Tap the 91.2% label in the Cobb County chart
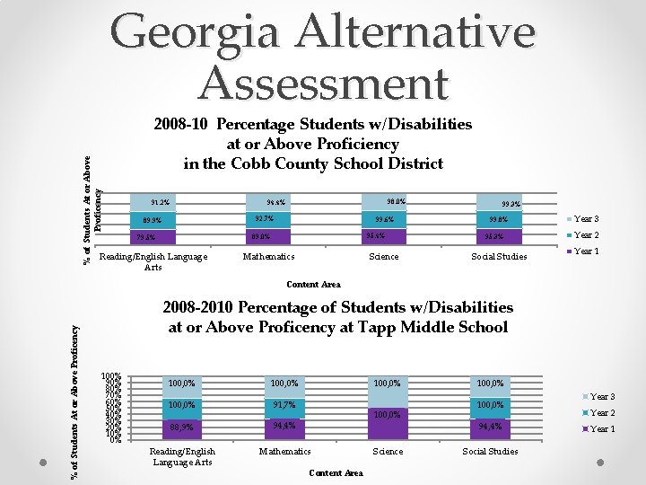pos(160,202)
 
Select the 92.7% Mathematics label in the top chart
pos(264,219)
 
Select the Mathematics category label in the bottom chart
pos(284,451)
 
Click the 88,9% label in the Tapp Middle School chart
pos(181,427)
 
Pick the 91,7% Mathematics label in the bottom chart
pos(284,405)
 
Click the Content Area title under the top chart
pos(313,285)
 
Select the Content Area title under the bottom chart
pos(335,473)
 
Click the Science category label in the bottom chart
pos(388,451)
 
